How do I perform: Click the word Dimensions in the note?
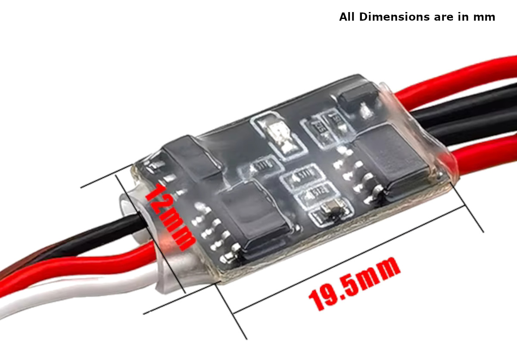395,17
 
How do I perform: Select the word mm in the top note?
486,17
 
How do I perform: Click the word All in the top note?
347,17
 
